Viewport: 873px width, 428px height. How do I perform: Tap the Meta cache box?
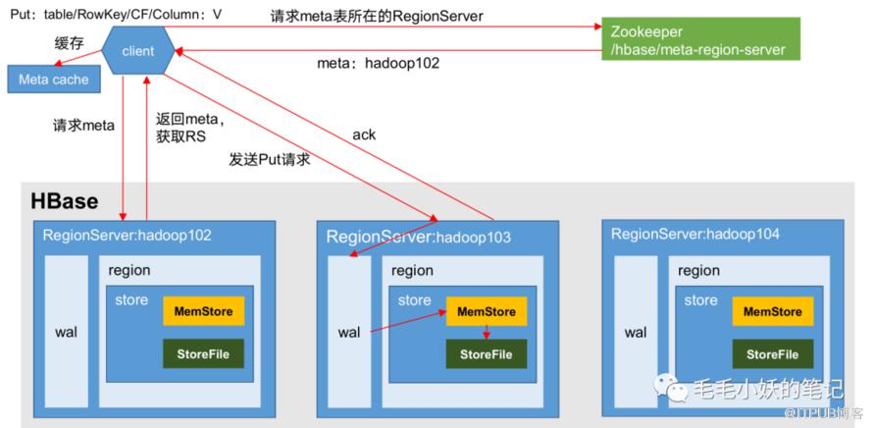53,80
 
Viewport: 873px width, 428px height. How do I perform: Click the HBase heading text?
65,201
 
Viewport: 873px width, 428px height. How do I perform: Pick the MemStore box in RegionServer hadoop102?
203,312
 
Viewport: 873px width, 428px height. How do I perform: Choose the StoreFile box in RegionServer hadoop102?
203,353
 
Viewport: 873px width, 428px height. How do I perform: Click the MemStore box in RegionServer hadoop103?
487,312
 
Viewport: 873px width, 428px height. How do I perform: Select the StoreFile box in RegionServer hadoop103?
487,354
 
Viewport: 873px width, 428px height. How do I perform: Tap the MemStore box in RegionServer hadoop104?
772,312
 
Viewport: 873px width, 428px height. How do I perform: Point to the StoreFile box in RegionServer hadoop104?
772,354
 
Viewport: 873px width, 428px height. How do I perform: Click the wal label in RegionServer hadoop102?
67,333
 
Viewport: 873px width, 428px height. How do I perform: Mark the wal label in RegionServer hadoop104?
636,333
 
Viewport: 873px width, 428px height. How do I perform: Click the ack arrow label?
364,134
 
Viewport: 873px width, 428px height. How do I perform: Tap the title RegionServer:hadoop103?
418,237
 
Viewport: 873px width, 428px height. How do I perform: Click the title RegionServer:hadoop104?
695,234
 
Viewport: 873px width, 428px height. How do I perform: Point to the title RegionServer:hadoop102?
127,236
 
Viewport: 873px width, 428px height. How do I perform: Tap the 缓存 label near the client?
69,41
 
